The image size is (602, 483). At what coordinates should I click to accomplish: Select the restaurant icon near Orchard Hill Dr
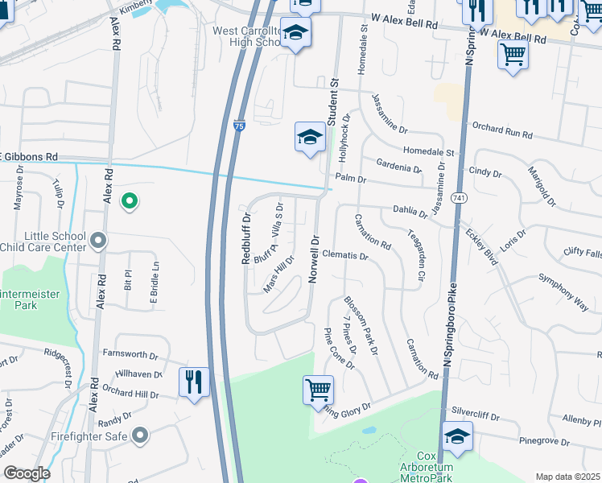194,382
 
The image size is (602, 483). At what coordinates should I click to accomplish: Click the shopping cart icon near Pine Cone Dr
318,390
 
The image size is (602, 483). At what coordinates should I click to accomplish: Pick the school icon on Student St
310,137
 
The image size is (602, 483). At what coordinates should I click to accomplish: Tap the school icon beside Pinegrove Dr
457,436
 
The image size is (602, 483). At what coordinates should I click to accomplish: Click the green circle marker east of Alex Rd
128,201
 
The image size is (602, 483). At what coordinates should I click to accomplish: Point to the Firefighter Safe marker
140,436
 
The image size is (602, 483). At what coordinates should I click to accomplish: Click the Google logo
27,473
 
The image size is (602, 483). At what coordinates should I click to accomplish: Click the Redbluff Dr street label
247,238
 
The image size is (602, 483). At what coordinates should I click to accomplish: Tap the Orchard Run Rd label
502,131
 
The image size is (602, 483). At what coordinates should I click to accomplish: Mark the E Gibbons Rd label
29,156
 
